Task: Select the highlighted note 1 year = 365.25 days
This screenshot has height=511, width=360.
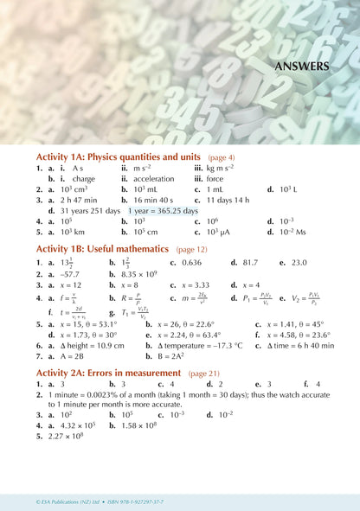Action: [x=163, y=210]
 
